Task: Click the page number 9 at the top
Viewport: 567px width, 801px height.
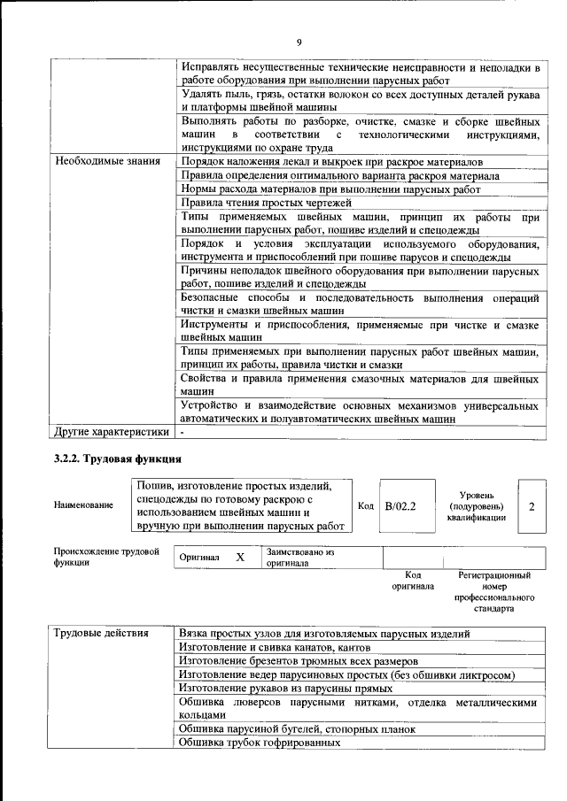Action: [299, 42]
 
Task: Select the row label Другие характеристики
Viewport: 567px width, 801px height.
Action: [112, 433]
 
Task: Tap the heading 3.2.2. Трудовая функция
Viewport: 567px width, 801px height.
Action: [118, 460]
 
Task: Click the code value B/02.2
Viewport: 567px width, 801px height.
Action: [400, 506]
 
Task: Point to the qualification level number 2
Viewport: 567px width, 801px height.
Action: [531, 506]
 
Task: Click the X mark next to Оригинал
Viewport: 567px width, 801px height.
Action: [239, 558]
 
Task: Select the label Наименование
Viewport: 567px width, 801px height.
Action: [83, 505]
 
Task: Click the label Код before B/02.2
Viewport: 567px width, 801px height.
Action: [365, 505]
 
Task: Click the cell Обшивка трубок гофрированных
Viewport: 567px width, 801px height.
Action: [260, 743]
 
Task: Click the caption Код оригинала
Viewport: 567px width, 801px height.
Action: [412, 581]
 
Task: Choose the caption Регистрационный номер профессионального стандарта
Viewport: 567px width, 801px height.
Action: [494, 592]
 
